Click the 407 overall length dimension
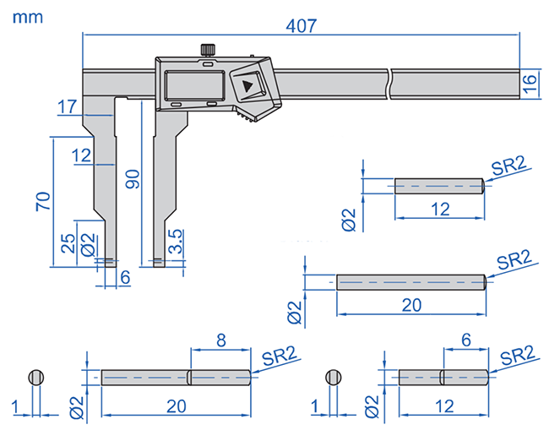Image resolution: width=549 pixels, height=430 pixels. coord(300,25)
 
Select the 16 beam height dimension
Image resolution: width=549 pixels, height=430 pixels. coord(530,83)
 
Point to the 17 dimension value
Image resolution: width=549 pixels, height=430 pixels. coord(68,106)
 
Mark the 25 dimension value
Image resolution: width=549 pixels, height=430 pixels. coord(67,242)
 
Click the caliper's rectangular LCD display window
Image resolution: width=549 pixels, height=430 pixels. coord(193,86)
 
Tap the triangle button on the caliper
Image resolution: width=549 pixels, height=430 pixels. coord(247,86)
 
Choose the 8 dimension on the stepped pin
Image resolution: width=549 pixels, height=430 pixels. coord(220,341)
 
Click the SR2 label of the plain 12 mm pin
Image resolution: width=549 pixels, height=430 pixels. coord(510,166)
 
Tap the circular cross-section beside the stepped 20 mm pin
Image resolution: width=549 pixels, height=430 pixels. coord(35,378)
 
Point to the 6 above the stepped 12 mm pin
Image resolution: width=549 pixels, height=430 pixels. coord(465,340)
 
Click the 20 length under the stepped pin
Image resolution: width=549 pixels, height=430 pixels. coord(176,406)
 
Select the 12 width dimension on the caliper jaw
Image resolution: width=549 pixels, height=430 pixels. coord(81,155)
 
